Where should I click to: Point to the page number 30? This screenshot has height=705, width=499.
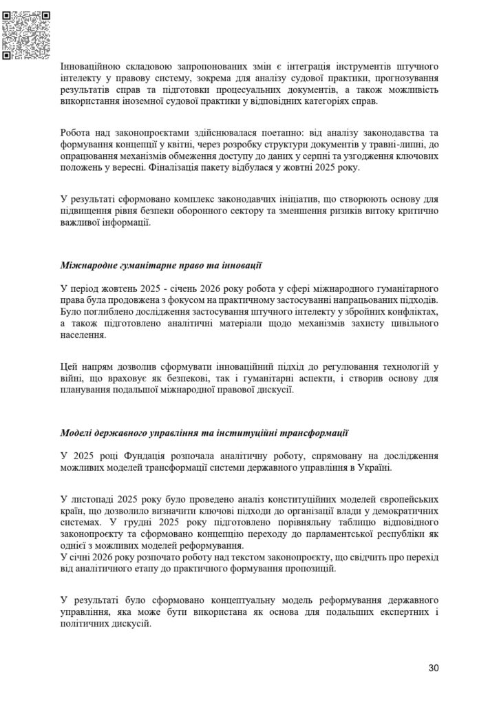point(433,668)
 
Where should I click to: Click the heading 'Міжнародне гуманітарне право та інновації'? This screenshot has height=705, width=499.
point(161,265)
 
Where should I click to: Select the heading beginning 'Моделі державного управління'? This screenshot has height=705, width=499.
point(204,434)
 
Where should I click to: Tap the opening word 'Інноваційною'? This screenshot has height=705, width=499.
point(91,67)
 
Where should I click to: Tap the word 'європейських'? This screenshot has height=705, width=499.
point(401,498)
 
